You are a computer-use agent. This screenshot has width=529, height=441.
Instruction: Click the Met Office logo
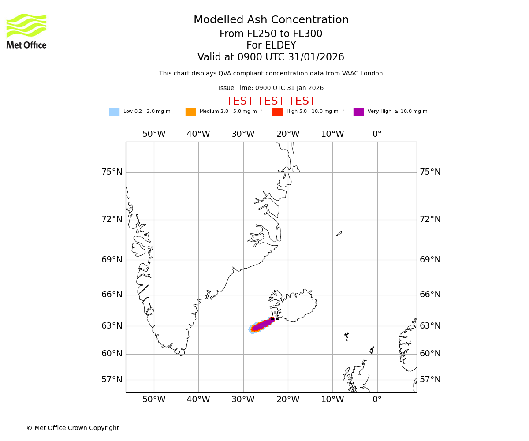[x=26, y=31]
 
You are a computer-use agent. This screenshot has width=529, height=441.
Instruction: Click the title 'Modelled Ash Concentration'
[x=271, y=20]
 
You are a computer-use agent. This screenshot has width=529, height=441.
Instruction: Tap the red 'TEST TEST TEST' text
[x=271, y=101]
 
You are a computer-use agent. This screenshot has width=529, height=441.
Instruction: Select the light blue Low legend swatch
[x=114, y=112]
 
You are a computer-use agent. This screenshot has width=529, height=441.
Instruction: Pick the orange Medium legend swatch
[x=190, y=112]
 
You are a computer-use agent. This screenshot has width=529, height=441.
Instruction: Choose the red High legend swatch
[x=277, y=112]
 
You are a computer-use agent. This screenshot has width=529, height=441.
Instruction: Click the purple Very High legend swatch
[x=358, y=112]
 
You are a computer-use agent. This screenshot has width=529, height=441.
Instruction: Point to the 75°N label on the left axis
[x=112, y=172]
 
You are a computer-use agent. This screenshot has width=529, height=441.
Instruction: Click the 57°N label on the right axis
[x=430, y=380]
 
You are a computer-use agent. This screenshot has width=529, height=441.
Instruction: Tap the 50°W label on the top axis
[x=154, y=134]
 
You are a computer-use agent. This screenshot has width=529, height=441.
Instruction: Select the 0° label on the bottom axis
[x=377, y=400]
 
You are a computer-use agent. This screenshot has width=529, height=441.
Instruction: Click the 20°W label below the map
[x=288, y=400]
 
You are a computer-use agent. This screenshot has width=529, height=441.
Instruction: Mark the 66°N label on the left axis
[x=112, y=295]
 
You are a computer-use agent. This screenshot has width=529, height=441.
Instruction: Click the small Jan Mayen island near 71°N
[x=339, y=233]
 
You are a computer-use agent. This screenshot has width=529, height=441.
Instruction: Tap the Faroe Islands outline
[x=346, y=336]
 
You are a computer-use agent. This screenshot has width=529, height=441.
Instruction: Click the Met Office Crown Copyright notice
[x=73, y=428]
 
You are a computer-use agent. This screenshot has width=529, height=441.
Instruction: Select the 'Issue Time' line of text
[x=271, y=88]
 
